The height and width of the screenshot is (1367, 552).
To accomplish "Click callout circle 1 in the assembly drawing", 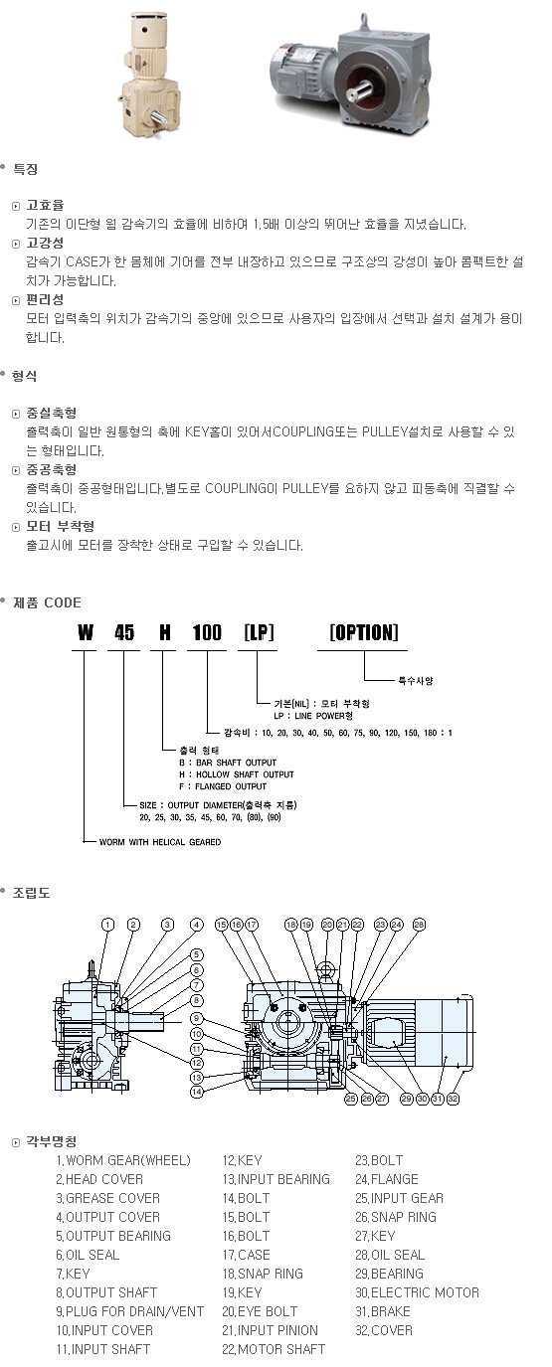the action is coord(108,925).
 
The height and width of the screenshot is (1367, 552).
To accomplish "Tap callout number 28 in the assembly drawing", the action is coord(419,925).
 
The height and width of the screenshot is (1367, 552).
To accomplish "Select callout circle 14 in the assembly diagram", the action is coord(196,1092).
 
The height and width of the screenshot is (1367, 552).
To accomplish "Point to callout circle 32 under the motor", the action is coord(453,1099).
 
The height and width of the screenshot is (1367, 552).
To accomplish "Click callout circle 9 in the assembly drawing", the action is coord(196,1018).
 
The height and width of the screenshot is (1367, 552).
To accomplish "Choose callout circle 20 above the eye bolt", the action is coord(328,925).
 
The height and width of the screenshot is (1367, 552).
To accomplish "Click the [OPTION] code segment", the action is coord(364,632).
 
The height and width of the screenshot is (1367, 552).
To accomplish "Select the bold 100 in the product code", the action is coord(207,633).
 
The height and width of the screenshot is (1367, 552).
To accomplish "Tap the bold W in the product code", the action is coord(86,633).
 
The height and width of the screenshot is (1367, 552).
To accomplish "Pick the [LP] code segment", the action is coord(259,632).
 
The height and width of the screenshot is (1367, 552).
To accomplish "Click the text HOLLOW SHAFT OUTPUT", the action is coord(245,774).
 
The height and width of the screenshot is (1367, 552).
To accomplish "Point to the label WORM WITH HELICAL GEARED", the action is coord(160,842).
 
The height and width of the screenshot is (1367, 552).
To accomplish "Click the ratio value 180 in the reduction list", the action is coord(431,733).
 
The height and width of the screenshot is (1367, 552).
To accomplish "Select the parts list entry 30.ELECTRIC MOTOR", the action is coord(417,1292).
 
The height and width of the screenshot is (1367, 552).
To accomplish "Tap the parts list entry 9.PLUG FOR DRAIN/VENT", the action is coord(130,1311).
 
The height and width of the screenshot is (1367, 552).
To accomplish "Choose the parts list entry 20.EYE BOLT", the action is coord(260,1311).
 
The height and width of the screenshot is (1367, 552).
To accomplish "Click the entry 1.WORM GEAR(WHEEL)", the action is coord(123,1160).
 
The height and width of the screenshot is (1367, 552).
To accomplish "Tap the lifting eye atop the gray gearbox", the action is coord(364,20).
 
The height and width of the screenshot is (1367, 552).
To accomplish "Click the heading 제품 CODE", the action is coord(47,602).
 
